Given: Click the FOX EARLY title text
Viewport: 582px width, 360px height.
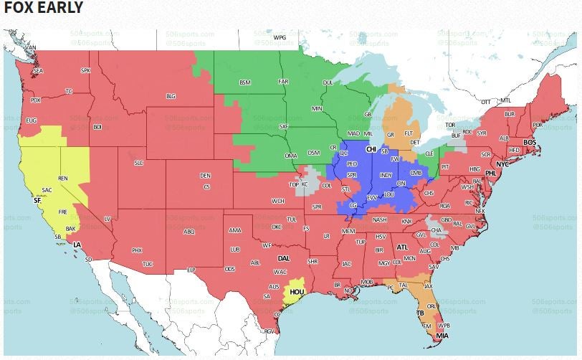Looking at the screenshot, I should click(43, 9).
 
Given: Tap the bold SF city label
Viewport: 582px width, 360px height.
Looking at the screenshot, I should click(37, 201).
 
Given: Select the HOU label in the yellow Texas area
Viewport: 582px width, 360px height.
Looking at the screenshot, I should click(295, 293).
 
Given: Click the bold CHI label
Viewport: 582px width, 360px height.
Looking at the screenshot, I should click(371, 149).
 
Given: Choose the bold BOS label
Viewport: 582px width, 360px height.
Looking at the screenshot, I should click(530, 143).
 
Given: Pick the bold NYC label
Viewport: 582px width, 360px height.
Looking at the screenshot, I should click(502, 164).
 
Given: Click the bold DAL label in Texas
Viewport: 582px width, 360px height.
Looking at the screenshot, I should click(284, 257).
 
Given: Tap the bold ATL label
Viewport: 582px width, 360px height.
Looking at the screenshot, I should click(402, 247).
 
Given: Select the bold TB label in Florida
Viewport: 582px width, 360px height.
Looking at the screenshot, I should click(420, 313).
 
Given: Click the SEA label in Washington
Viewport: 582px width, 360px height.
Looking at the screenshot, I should click(38, 70).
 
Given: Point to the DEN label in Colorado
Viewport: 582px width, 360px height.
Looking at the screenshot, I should click(205, 176).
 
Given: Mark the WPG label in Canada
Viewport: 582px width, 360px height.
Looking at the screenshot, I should click(280, 36).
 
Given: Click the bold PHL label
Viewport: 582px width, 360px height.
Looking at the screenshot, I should click(491, 174).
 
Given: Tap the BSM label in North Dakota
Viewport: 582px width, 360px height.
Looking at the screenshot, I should click(244, 82).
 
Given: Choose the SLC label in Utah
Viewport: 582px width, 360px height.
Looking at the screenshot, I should click(139, 164).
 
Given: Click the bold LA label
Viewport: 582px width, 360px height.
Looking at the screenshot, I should click(77, 245).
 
